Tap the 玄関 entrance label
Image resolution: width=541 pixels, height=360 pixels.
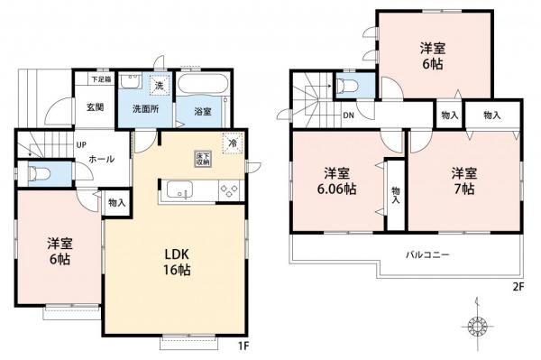click(x=96, y=107)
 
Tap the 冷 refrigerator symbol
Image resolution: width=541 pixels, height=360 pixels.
click(x=233, y=143)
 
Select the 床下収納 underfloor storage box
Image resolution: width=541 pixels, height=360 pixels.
click(x=202, y=159)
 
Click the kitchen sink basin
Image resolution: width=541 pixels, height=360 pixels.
click(x=178, y=190)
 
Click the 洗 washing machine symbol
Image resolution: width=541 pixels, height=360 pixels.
click(x=158, y=83)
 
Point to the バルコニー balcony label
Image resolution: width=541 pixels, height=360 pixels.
click(x=426, y=254)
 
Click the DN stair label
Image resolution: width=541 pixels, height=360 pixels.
click(x=347, y=115)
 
